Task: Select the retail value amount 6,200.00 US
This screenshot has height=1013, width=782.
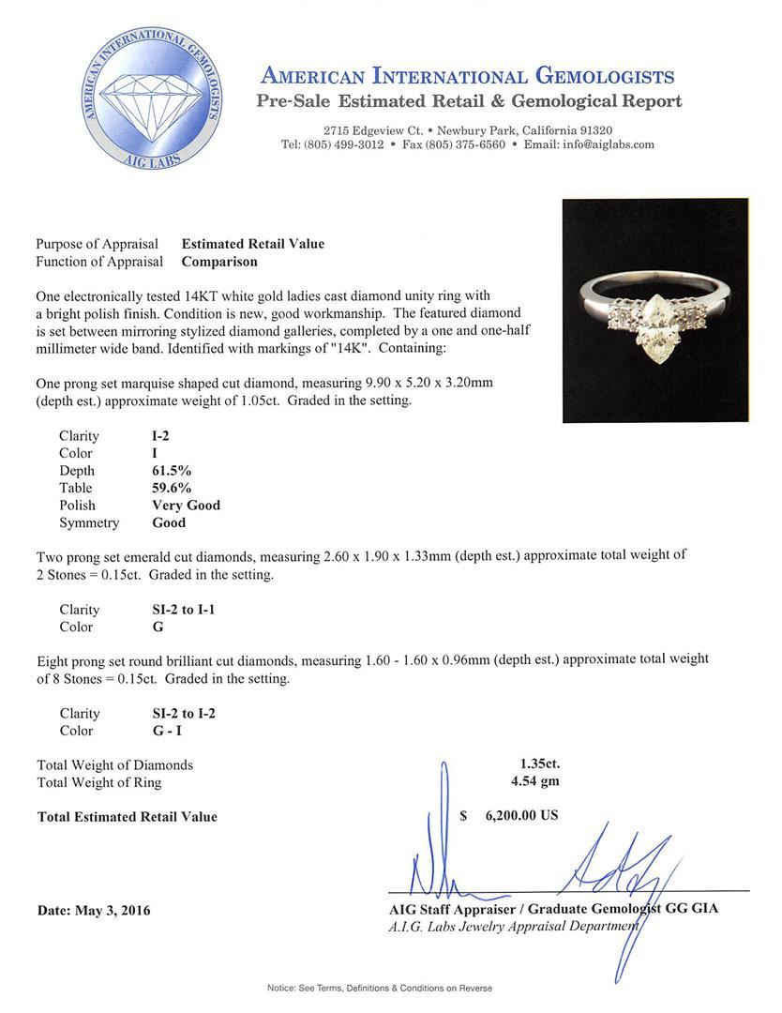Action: (521, 816)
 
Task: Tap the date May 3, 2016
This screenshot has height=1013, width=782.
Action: (94, 910)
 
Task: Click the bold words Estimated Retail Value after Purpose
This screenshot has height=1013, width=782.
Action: (253, 244)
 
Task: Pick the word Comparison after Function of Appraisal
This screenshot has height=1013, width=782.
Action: (219, 262)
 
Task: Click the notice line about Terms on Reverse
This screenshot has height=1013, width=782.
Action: (379, 988)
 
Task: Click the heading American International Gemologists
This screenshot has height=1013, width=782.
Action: (467, 76)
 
